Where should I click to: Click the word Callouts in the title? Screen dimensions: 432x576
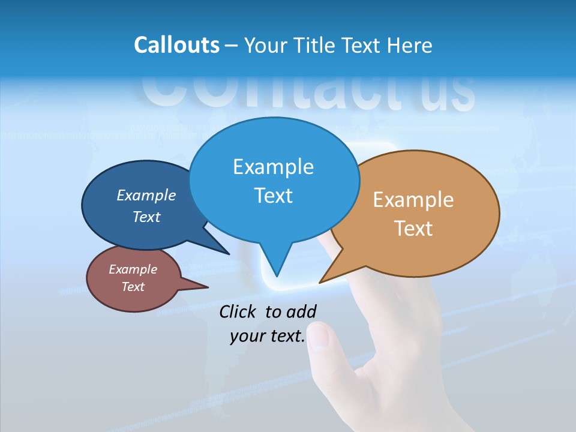point(176,45)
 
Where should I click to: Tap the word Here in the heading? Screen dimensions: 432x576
point(409,45)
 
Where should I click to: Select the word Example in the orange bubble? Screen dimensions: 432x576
point(413,200)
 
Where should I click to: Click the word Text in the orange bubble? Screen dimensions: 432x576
point(413,229)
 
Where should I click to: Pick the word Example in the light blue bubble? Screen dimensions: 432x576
point(273,167)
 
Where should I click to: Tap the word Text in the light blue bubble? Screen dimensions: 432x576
point(273,196)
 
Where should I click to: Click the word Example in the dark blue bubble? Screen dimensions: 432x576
point(146,195)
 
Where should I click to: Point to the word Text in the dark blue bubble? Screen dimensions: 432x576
point(146,217)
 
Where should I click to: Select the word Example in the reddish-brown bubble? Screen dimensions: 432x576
point(133,269)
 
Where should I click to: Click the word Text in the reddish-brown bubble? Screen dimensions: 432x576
point(133,287)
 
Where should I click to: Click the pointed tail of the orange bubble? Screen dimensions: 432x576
point(322,281)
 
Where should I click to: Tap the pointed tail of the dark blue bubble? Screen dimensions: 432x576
point(227,253)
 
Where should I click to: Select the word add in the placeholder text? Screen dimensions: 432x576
point(301,311)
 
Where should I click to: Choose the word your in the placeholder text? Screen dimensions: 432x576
point(247,336)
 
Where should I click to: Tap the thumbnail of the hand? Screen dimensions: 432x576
point(320,338)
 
